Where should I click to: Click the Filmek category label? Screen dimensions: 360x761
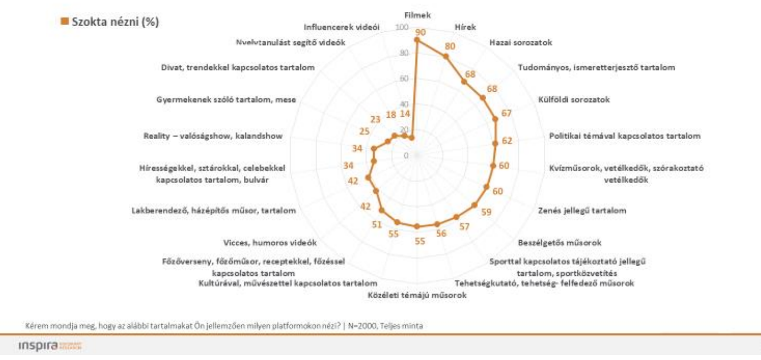[x=417, y=15]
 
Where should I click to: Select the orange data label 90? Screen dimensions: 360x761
[x=419, y=32]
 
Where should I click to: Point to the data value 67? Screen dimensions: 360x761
[x=507, y=113]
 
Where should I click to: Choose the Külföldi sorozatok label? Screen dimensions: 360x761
[x=574, y=100]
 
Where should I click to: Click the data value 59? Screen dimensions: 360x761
[x=486, y=212]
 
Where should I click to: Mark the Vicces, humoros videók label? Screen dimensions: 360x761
[x=270, y=242]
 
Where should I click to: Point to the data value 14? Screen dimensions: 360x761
[x=404, y=115]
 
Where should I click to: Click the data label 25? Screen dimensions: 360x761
[x=364, y=131]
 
